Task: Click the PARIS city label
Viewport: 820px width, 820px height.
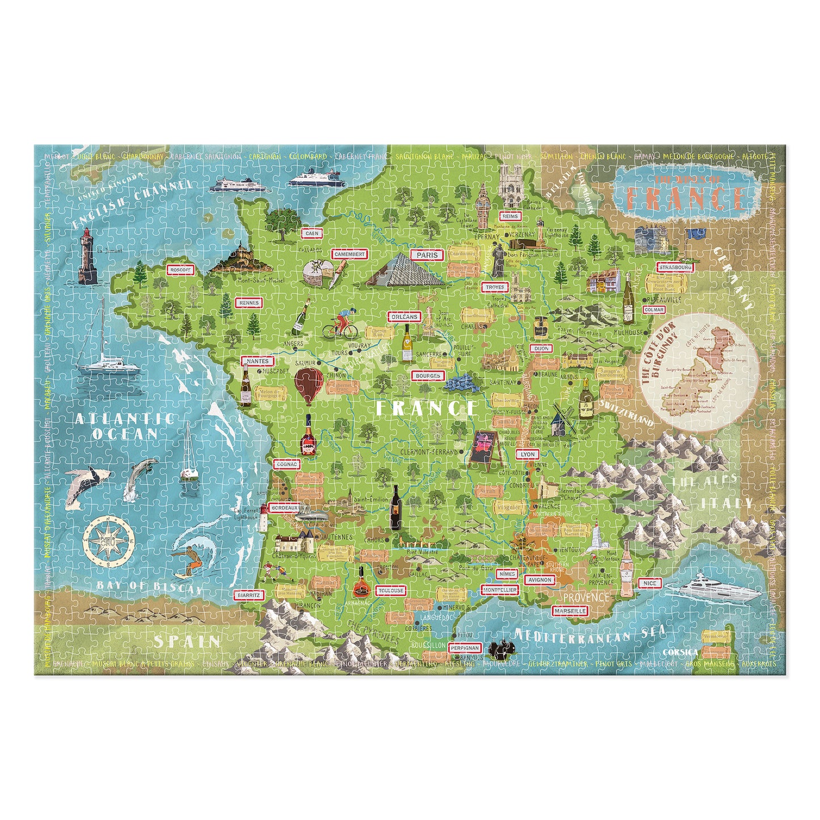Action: coord(427,255)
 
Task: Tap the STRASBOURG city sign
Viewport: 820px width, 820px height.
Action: coord(675,267)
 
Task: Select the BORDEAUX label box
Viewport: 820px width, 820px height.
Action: coord(285,508)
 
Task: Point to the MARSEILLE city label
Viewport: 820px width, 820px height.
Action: coord(570,611)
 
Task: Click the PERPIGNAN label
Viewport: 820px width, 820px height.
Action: coord(465,647)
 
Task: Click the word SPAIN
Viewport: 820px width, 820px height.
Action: coord(187,641)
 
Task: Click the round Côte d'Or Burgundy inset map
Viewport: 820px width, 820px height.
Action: coord(701,372)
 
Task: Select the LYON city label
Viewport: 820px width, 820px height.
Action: coord(528,455)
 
